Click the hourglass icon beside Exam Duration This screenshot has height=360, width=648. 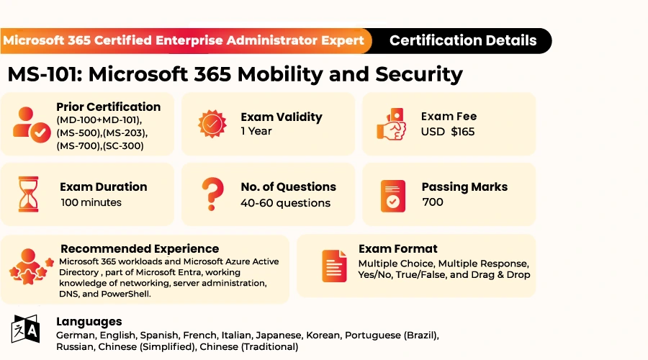(29, 194)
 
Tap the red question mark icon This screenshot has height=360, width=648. (212, 194)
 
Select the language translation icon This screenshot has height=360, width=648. (26, 329)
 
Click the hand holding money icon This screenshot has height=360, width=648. (391, 124)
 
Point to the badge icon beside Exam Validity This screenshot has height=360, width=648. (212, 124)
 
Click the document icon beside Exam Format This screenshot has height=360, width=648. (334, 266)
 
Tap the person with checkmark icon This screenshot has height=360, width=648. (32, 125)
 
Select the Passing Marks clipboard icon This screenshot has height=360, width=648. (392, 196)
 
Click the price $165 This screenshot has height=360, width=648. (463, 132)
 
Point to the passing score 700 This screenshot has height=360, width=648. (433, 202)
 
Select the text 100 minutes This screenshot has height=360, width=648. (91, 202)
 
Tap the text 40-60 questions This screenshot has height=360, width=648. (286, 203)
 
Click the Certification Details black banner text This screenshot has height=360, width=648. (463, 40)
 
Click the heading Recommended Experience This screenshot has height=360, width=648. (140, 249)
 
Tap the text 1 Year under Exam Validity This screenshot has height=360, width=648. (256, 131)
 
